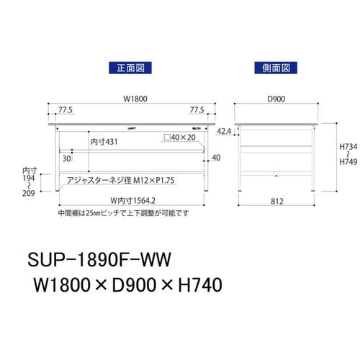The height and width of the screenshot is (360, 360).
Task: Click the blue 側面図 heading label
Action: coord(274,68)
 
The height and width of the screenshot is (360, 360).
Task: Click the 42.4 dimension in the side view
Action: coord(224,132)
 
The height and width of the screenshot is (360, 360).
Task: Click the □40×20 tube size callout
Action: coord(179,137)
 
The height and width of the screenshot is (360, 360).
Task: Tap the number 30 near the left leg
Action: coord(66,158)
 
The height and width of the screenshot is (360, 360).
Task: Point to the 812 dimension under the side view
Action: coord(275,202)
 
